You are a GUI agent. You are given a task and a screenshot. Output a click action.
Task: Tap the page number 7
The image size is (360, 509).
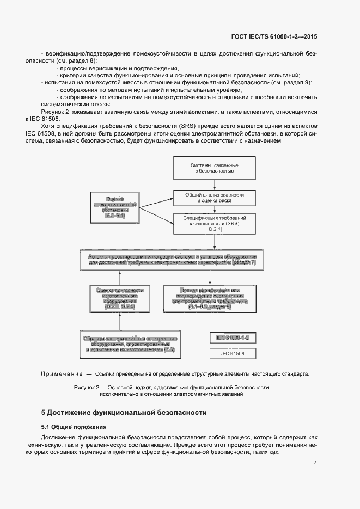(315, 463)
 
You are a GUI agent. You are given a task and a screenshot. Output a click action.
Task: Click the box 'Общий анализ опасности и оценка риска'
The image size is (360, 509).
(214, 197)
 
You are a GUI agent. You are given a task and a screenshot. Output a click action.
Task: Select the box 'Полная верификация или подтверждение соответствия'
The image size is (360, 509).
(210, 298)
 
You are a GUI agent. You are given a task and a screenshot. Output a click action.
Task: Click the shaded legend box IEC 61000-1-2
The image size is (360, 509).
(232, 338)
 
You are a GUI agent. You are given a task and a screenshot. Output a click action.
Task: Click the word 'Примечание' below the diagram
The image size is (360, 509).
(59, 374)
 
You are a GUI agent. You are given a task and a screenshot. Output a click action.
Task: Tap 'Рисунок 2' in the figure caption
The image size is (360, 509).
(87, 387)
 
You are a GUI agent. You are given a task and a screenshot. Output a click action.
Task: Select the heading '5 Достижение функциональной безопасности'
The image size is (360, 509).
(124, 413)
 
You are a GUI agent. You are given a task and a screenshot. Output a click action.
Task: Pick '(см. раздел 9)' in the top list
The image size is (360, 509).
(291, 82)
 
